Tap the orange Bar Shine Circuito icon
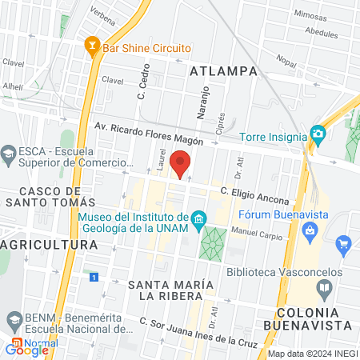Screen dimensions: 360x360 pyautogui.click(x=92, y=47)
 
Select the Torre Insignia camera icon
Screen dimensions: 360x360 pyautogui.click(x=318, y=133)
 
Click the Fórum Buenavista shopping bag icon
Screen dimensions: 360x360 pyautogui.click(x=310, y=231)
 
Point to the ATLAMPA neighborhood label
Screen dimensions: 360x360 pyautogui.click(x=224, y=71)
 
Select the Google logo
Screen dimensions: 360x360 pyautogui.click(x=26, y=350)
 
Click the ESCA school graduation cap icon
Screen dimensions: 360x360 pyautogui.click(x=9, y=153)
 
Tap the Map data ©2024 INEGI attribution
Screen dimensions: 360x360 pyautogui.click(x=312, y=354)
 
